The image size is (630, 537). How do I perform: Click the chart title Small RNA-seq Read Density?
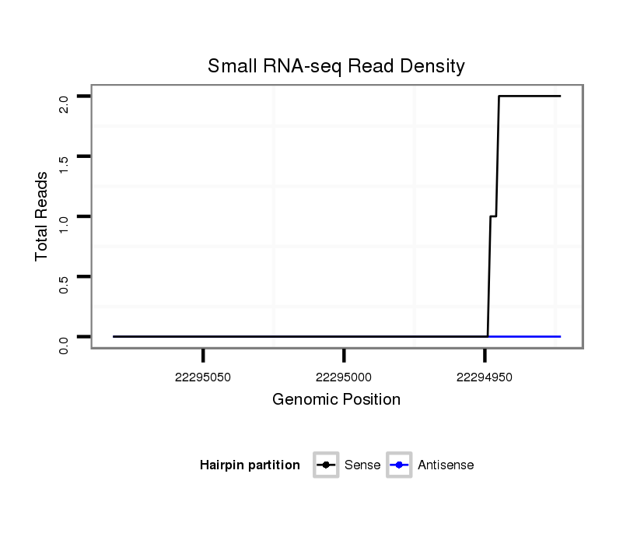point(336,66)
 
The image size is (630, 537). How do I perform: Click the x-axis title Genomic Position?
point(336,400)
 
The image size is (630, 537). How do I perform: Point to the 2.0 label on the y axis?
point(64,104)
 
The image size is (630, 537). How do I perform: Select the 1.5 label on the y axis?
point(64,164)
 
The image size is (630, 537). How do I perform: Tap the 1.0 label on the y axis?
point(64,224)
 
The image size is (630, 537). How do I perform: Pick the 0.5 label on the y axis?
point(64,284)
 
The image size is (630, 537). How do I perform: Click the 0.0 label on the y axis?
point(64,344)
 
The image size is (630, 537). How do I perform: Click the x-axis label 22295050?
point(203,377)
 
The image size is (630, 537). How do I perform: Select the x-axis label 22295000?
point(344,377)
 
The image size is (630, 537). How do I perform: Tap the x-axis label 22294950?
point(485,377)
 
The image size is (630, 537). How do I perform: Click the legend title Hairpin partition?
point(250,465)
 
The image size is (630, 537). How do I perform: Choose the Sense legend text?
point(362,465)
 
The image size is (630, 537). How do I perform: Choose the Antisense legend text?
point(446,465)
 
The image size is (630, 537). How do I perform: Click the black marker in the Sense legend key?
point(326,465)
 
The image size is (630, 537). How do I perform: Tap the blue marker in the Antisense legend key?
point(399,465)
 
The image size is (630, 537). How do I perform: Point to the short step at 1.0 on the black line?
point(493,216)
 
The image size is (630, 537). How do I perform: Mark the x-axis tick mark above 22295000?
point(344,356)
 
